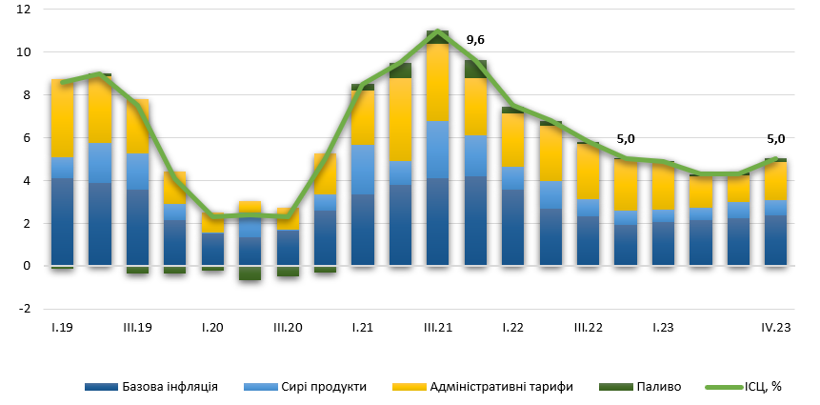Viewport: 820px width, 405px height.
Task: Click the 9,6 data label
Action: coord(475,41)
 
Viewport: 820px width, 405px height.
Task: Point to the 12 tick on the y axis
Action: coord(24,10)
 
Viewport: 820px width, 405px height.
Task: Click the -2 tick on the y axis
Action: coord(24,309)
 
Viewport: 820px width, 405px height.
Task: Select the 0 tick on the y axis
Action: coord(27,266)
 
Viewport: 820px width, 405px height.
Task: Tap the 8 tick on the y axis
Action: coord(27,95)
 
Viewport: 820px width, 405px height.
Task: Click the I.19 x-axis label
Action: coord(62,328)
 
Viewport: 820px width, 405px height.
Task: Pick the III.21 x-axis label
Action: coord(437,328)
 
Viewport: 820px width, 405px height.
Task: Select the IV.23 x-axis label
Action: coord(775,328)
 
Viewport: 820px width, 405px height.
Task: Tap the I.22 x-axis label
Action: coord(512,328)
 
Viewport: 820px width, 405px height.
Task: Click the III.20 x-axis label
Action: coord(288,328)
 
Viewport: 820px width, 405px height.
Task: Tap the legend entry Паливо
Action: coord(655,387)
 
